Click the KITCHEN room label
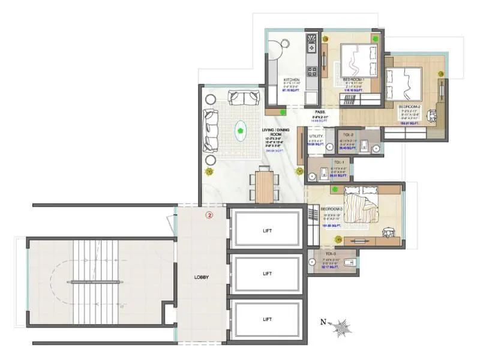[292, 79]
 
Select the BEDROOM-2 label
[411, 106]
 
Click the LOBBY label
[201, 277]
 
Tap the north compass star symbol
[344, 327]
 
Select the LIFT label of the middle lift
[267, 273]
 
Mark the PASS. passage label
[320, 112]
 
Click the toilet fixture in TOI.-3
[353, 262]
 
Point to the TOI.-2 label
[349, 134]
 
